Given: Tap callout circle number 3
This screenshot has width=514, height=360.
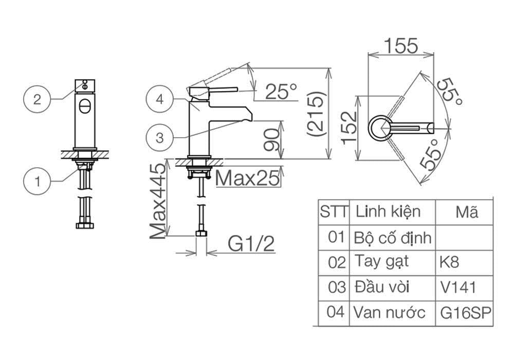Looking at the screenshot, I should [160, 138].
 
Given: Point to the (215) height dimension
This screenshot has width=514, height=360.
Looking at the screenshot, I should [316, 114].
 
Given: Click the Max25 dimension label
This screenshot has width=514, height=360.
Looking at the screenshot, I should [248, 178].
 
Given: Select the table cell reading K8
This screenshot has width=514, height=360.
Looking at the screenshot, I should [449, 262].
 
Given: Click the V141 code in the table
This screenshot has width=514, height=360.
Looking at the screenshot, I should [458, 286].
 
